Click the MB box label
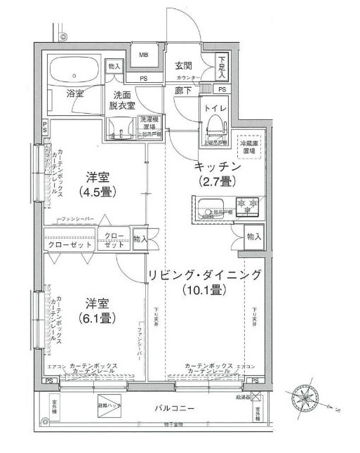(143, 55)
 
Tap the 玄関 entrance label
(185, 64)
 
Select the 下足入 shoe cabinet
(222, 67)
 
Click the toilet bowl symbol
(213, 127)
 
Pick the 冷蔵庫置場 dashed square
(249, 145)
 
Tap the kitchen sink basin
(208, 206)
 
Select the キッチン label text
(218, 167)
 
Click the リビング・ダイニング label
(205, 274)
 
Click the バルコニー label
(175, 409)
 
